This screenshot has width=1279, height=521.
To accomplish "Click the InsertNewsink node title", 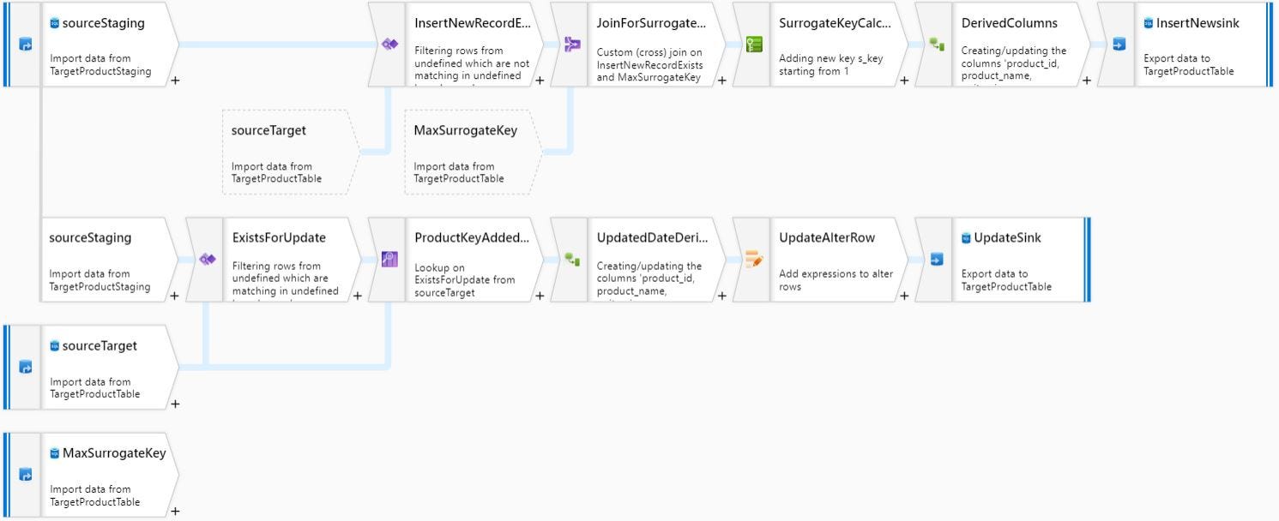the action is (x=1197, y=23).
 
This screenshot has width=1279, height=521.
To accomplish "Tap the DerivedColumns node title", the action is (x=1009, y=23).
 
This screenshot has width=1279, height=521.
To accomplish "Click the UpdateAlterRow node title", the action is (x=826, y=238).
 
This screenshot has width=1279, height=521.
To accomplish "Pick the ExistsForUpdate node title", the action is (x=279, y=238).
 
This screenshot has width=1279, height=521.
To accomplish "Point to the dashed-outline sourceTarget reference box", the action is (x=290, y=153).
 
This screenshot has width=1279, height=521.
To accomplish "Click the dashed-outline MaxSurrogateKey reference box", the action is (x=473, y=153).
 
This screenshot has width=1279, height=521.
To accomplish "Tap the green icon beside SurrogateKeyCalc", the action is (x=754, y=45).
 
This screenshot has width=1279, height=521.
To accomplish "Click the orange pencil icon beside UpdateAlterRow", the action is (x=754, y=259).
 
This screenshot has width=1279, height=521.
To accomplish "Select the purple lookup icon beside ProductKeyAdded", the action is (x=389, y=259).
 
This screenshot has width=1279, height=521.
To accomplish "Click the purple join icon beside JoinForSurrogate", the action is (x=572, y=45).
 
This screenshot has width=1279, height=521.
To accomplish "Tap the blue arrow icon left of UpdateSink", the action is (x=936, y=259).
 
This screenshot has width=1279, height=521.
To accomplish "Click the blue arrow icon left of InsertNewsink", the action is (x=1119, y=45).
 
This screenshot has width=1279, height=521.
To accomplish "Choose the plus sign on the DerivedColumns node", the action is (x=1086, y=81).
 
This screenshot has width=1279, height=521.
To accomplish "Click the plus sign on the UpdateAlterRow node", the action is (x=903, y=296).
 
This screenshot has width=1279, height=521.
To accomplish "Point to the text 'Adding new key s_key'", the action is (x=830, y=59).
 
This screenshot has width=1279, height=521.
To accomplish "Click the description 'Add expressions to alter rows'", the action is (x=836, y=280).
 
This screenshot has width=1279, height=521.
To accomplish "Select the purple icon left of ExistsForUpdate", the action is (x=207, y=259).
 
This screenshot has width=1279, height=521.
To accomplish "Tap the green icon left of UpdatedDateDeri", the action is (x=572, y=259).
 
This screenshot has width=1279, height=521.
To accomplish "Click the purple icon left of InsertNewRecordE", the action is (x=389, y=45).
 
